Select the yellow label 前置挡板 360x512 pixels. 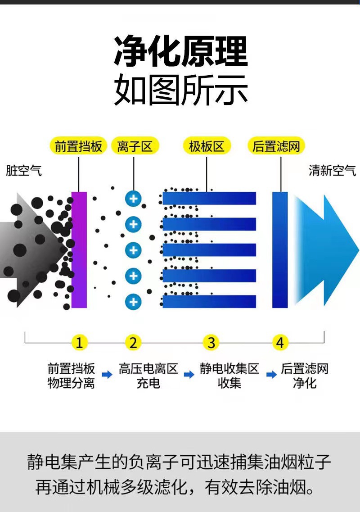(79, 146)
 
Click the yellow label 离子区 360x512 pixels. (135, 146)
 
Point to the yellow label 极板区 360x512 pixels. (207, 146)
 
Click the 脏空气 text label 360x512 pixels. (24, 171)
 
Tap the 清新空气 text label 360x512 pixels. (332, 171)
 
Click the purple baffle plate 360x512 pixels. (79, 250)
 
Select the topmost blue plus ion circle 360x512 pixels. (133, 198)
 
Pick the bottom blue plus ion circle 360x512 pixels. (133, 302)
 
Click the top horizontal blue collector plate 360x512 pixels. (209, 198)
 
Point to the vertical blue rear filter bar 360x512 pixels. (280, 250)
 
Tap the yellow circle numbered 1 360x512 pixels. (79, 343)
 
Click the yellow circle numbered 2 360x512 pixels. (133, 343)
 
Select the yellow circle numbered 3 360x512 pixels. (211, 343)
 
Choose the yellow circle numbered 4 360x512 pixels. (280, 343)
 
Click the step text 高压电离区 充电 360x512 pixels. (148, 376)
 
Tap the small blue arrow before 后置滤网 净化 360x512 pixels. (271, 374)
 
